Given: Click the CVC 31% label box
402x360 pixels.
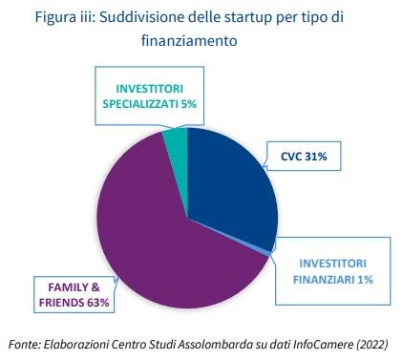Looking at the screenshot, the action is coord(304,157).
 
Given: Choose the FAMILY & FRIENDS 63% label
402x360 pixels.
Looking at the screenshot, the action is coord(74,295).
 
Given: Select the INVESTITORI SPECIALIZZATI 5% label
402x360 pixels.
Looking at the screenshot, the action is coord(149,96).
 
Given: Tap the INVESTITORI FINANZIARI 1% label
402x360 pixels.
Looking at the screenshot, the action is coord(332,271).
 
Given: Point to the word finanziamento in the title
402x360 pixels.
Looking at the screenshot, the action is coord(189,40).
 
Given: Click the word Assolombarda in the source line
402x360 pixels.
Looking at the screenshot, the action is coord(216,344).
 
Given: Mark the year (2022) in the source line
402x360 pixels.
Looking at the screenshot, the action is coord(372,345).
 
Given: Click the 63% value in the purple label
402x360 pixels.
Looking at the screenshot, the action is coord(98,303).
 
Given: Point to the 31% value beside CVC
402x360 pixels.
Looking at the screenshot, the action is coord(315,157).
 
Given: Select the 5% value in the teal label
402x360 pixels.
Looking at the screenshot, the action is coord(188,104).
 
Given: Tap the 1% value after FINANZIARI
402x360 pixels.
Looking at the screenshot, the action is coord(365,280).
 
